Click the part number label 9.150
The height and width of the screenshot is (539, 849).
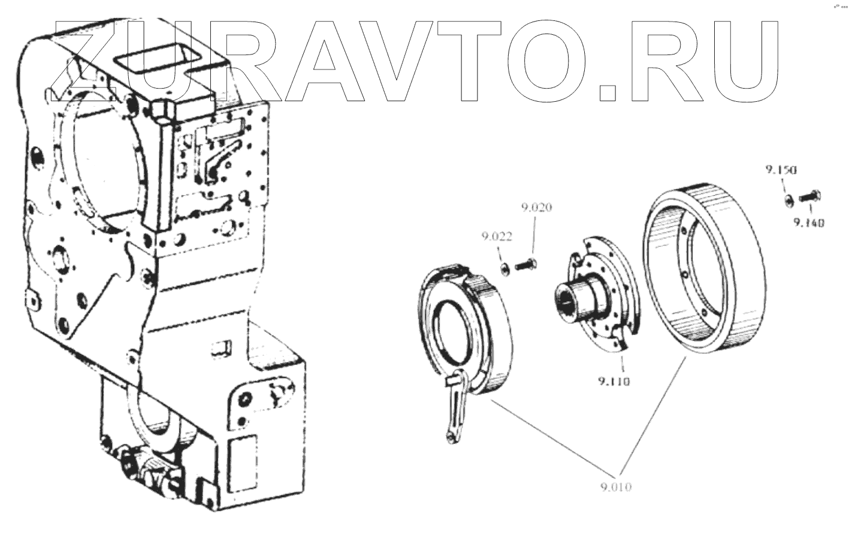click(780, 170)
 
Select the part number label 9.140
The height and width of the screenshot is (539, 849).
click(809, 223)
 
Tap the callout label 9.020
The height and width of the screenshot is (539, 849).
click(536, 208)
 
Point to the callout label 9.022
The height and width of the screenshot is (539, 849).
click(496, 237)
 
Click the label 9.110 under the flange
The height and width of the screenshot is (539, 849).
click(613, 381)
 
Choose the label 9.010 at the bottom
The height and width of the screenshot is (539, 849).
click(615, 487)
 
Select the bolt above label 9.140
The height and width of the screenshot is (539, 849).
click(809, 195)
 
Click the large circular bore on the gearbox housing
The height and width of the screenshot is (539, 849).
click(105, 162)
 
